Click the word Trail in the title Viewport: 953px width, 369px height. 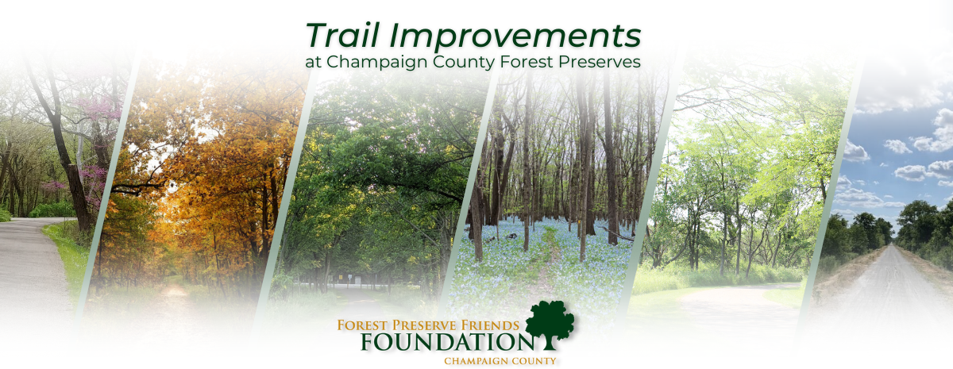(x=342, y=35)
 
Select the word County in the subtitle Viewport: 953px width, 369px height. (x=464, y=63)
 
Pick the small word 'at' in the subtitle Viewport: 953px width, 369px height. (x=313, y=63)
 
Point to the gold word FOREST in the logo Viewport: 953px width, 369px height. (x=363, y=325)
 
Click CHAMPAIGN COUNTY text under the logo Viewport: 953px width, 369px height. (x=500, y=361)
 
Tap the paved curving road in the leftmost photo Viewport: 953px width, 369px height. (x=30, y=263)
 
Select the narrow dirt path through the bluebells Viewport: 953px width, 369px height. (x=546, y=259)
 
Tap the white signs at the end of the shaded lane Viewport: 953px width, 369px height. (x=349, y=279)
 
